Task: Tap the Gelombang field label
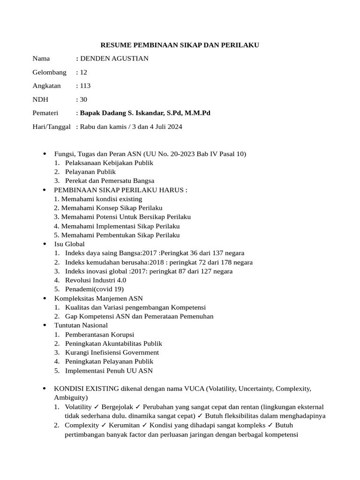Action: pos(49,72)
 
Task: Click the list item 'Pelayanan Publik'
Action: pos(90,172)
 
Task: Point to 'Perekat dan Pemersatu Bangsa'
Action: pos(110,180)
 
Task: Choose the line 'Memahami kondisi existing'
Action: pos(101,199)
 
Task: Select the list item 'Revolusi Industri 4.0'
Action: pos(96,280)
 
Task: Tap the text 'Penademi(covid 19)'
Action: pos(94,289)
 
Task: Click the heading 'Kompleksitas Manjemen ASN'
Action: pos(98,298)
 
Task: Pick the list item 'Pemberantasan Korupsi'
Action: pos(99,334)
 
